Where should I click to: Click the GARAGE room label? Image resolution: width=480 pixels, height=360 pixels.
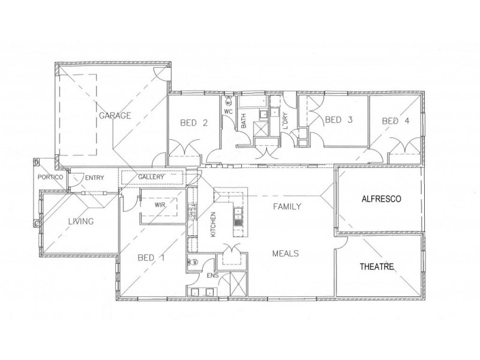click(x=115, y=115)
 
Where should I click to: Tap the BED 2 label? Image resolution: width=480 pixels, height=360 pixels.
click(x=194, y=124)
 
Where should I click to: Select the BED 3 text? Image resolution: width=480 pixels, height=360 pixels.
click(x=338, y=120)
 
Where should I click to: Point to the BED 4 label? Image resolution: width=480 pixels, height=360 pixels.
click(x=396, y=121)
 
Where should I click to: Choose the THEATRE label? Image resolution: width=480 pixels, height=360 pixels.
click(x=377, y=267)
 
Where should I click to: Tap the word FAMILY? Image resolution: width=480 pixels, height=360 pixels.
click(x=287, y=206)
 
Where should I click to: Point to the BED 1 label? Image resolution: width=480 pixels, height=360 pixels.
click(x=152, y=259)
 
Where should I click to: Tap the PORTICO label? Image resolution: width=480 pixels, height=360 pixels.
click(x=50, y=178)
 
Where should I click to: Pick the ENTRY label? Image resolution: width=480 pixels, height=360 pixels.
click(x=95, y=178)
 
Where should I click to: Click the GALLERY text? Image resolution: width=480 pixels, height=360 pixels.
click(x=151, y=178)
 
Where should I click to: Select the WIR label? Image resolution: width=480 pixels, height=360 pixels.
click(x=160, y=205)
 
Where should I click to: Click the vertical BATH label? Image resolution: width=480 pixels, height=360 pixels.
click(x=244, y=123)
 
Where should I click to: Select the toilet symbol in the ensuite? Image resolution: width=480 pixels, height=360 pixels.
click(x=193, y=262)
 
